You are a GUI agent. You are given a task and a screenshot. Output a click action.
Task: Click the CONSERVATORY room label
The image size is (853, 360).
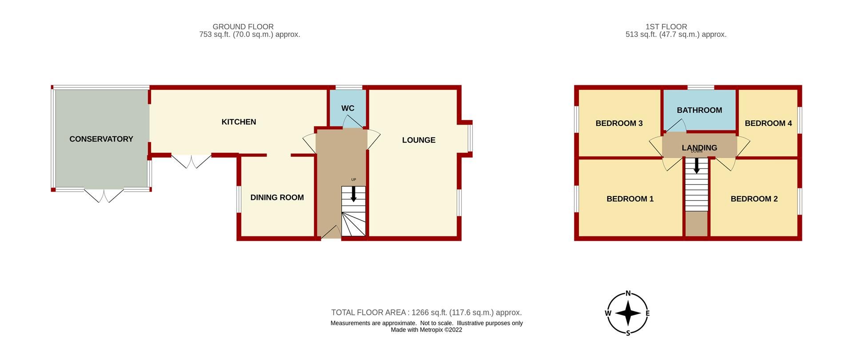click(x=101, y=139)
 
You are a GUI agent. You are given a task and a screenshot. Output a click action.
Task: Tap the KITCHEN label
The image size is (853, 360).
click(x=239, y=122)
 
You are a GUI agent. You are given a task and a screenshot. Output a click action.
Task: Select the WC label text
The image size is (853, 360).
click(x=348, y=108)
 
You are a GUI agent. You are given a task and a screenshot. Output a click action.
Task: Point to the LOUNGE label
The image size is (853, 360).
click(x=419, y=140)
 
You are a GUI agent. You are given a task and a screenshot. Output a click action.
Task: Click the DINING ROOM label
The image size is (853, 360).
click(x=277, y=197)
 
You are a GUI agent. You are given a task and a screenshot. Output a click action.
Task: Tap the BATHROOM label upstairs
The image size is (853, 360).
click(x=699, y=110)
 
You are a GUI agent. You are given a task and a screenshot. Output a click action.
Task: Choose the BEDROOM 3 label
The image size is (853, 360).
click(x=619, y=123)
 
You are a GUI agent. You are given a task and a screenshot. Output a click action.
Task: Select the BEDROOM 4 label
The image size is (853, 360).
click(x=768, y=123)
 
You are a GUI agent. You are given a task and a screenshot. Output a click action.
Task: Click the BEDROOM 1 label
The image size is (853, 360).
click(x=630, y=199)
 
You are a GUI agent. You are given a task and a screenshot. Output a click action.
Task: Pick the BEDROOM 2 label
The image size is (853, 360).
click(x=754, y=199)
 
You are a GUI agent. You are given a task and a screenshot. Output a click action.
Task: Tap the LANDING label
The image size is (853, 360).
click(x=699, y=148)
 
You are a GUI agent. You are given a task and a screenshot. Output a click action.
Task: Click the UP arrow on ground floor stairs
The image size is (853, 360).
click(x=354, y=194)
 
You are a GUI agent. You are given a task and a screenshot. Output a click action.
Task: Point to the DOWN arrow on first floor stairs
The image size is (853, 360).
click(x=697, y=165)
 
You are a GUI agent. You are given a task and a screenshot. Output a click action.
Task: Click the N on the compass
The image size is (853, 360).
click(x=628, y=293)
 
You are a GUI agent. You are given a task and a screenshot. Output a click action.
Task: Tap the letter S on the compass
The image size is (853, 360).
click(x=628, y=333)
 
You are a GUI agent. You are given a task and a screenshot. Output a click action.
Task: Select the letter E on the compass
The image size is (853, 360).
click(x=647, y=313)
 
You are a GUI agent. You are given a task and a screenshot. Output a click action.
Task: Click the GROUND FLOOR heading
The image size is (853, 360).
click(x=243, y=27)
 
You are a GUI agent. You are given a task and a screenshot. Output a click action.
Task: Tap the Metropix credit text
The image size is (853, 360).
click(x=426, y=330)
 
